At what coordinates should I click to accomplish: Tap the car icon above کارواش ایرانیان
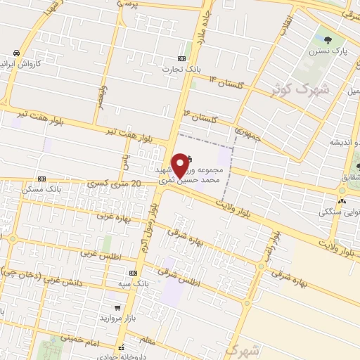pyautogui.click(x=15, y=53)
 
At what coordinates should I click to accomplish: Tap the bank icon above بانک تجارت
pyautogui.click(x=182, y=58)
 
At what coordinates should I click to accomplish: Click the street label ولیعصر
pyautogui.click(x=101, y=96)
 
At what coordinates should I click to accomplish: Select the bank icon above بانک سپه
pyautogui.click(x=133, y=273)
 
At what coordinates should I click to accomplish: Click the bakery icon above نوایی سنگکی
pyautogui.click(x=341, y=200)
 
